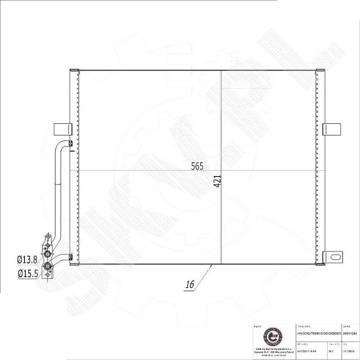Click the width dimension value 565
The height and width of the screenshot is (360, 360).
197,166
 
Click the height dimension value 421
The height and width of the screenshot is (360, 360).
217,181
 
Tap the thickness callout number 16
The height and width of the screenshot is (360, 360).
189,285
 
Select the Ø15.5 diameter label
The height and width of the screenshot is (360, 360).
27,274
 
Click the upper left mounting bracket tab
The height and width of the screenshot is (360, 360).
63,129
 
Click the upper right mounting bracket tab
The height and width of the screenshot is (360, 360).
331,129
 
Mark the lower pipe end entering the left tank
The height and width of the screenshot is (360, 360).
70,257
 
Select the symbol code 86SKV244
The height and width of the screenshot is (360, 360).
351,333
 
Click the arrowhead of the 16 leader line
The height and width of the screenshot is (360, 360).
212,265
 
